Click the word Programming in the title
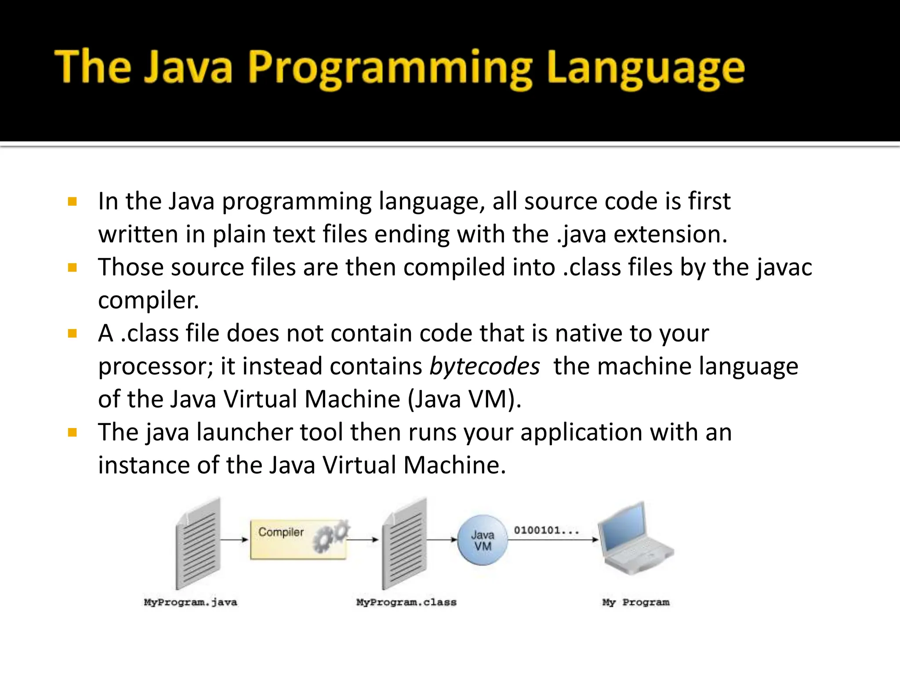point(390,69)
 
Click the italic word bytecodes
point(484,366)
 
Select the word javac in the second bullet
point(784,267)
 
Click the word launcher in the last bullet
point(244,432)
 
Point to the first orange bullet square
point(73,202)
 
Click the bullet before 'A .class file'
point(73,334)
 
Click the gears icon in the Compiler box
point(332,537)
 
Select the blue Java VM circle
point(483,540)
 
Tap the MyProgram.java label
point(190,602)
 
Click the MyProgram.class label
point(406,602)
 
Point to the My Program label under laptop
point(635,602)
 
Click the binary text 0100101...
point(546,530)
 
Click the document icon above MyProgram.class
point(405,544)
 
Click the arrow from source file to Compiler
point(234,539)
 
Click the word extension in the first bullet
point(670,234)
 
